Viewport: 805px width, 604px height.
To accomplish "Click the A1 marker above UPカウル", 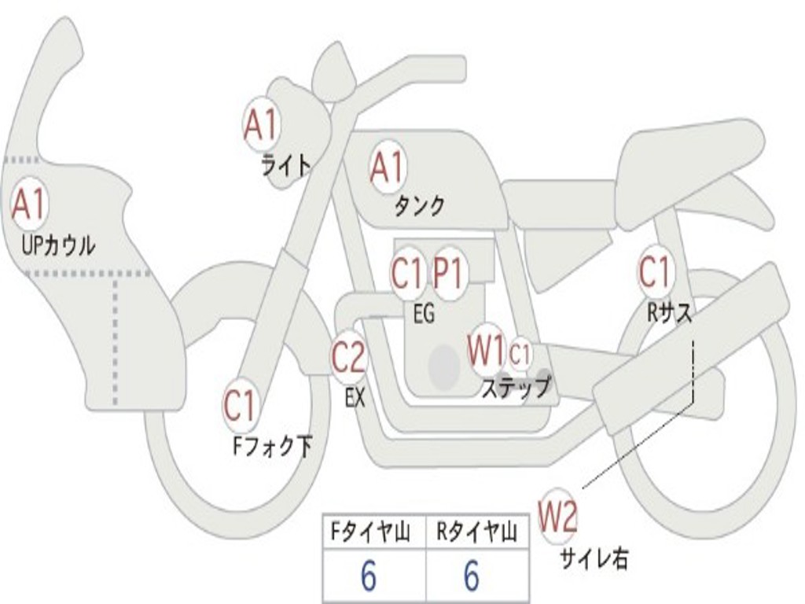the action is click(29, 204).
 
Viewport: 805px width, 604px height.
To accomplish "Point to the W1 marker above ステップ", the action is click(486, 350).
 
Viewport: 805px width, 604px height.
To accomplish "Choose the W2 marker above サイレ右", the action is click(558, 516).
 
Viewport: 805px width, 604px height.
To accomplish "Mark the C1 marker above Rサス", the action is click(655, 271).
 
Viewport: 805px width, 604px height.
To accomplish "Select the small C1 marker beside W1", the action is click(520, 353).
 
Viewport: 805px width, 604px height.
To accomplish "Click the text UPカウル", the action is click(58, 245).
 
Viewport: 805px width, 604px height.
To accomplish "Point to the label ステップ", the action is click(516, 387).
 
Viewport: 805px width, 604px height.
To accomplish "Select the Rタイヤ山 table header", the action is click(477, 532).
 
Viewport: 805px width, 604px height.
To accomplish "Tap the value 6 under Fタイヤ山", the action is click(369, 576).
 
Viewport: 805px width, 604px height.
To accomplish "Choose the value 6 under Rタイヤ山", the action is click(472, 576).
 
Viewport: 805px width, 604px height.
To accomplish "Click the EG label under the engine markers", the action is click(425, 313).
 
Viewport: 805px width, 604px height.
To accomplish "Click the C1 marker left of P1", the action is click(408, 273).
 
